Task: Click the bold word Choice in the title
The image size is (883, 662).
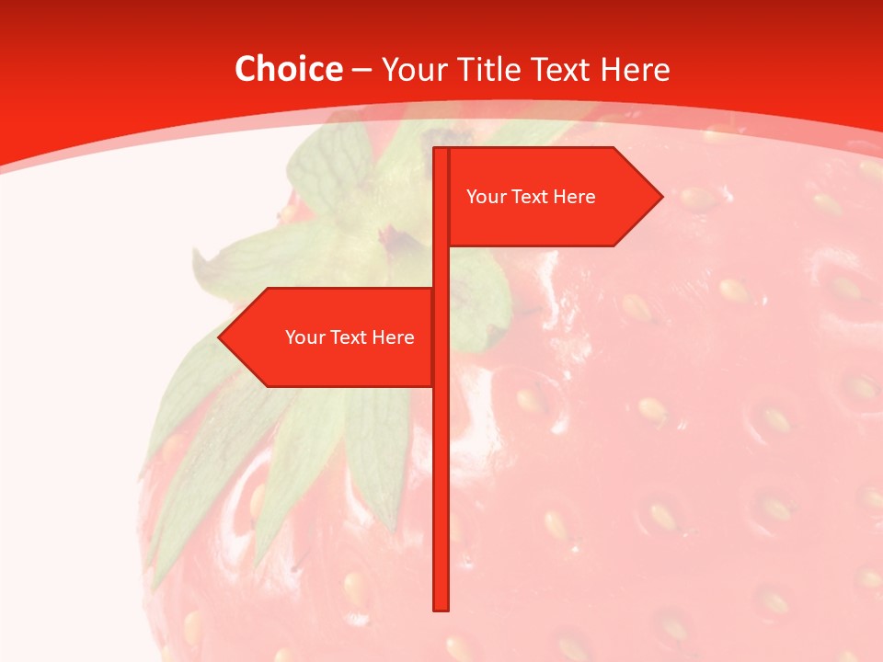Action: pos(288,69)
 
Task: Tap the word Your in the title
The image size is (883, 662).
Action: pos(414,69)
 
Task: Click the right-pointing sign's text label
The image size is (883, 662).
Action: pos(531,197)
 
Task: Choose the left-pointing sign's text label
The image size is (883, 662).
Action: pos(350,337)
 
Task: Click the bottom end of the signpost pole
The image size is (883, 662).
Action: pos(441,607)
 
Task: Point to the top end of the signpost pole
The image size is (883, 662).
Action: pos(441,151)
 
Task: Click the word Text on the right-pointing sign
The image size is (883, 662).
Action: pos(530,197)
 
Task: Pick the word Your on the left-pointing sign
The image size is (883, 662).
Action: pos(304,337)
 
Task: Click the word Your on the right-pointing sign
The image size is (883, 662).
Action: pos(485,197)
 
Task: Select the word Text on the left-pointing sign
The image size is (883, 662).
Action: pos(349,337)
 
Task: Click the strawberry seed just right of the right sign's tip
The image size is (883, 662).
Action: pos(697,196)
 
